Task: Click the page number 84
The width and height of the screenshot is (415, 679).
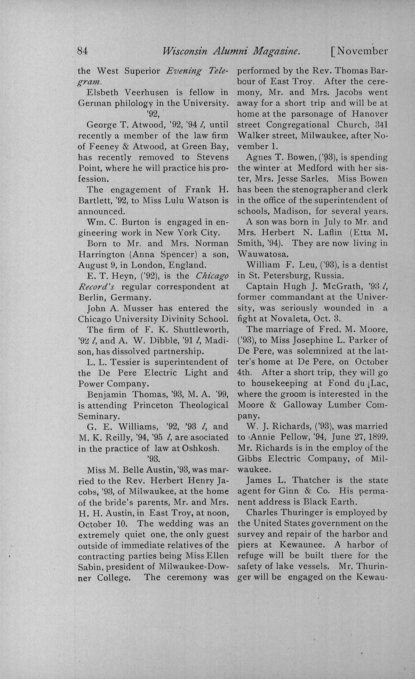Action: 82,51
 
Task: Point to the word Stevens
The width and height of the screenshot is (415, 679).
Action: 213,157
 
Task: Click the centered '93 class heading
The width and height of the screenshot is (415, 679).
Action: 153,459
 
